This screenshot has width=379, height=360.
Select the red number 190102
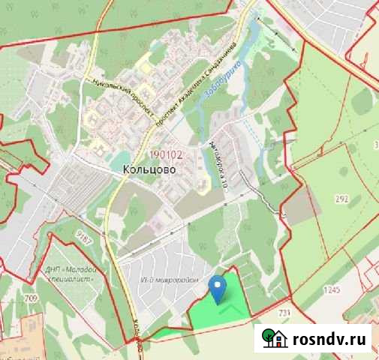[167, 155]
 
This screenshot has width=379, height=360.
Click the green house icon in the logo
[274, 340]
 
